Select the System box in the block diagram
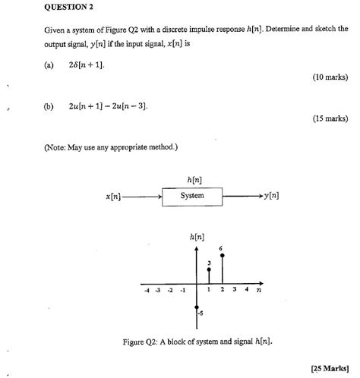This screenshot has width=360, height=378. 193,196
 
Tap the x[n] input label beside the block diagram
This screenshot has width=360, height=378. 113,197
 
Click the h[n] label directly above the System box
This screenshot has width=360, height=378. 193,179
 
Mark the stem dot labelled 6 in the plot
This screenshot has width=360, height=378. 222,255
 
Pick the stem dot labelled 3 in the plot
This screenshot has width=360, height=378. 208,269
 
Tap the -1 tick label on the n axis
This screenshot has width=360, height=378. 183,291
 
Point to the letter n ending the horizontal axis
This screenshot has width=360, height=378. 259,290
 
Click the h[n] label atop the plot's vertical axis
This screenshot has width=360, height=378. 196,237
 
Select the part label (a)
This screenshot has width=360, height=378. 49,65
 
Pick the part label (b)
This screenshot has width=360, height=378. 49,106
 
